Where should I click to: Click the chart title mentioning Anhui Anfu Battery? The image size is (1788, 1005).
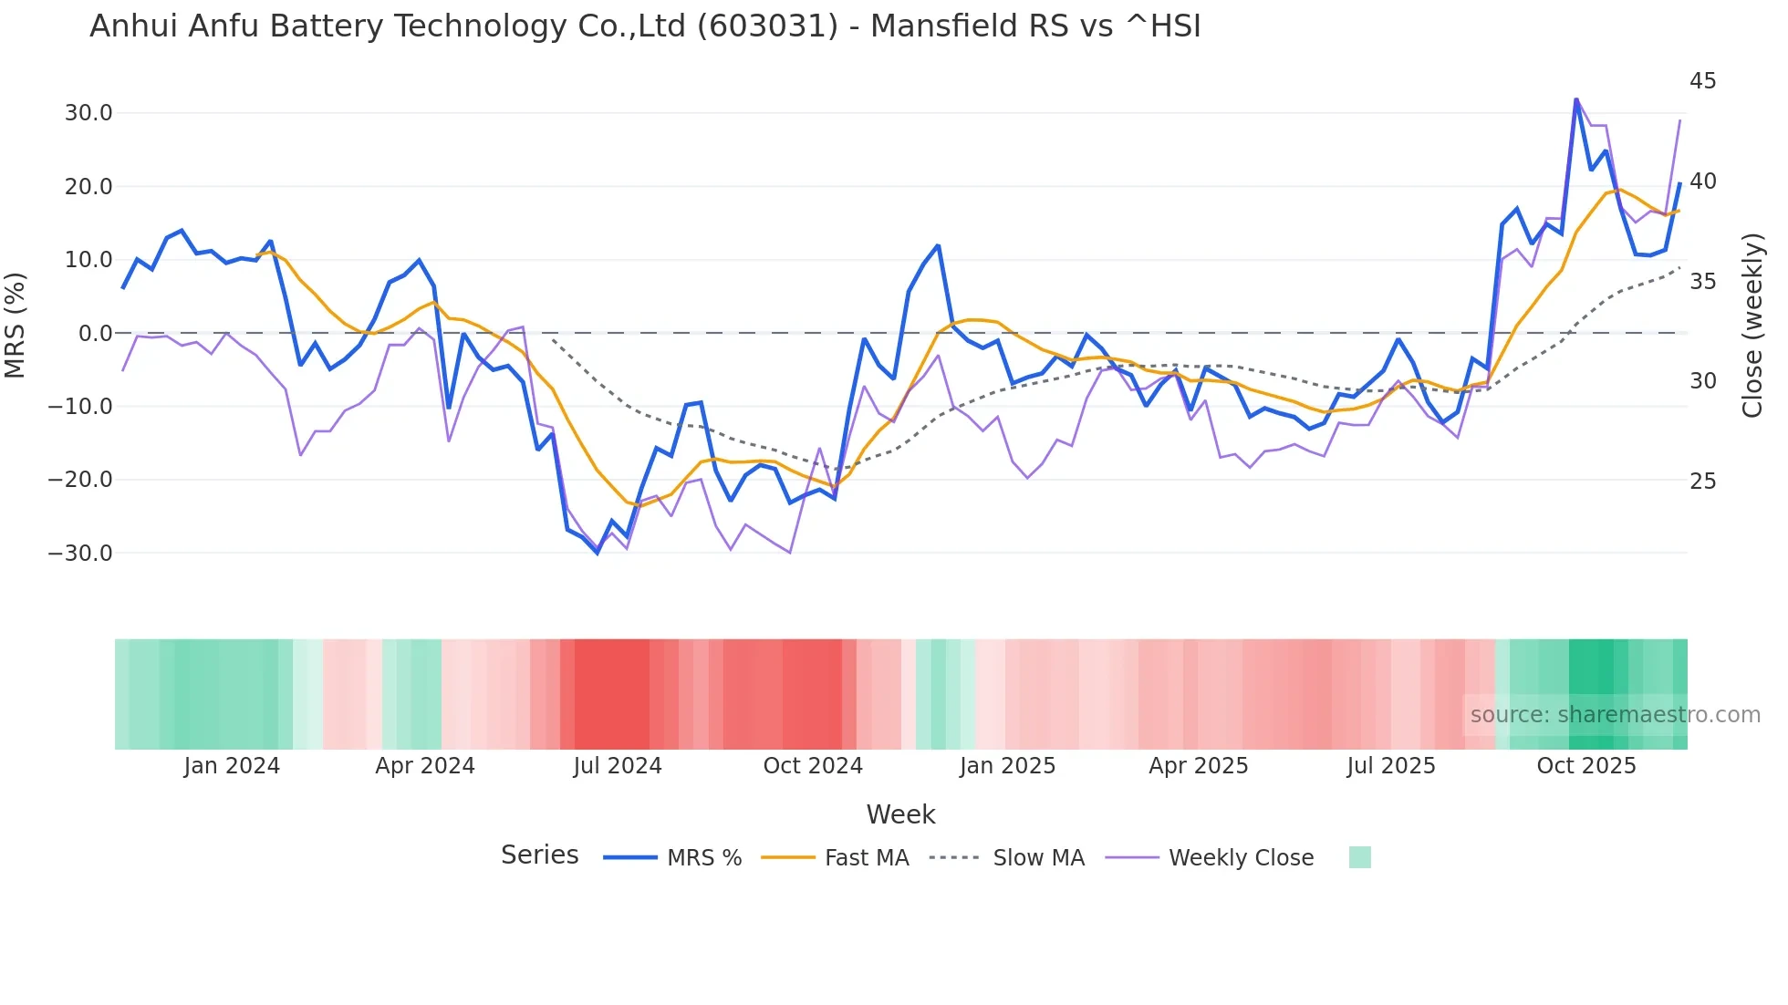point(644,26)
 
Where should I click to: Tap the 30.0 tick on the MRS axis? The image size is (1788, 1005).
point(88,113)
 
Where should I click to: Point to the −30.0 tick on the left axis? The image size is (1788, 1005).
point(80,554)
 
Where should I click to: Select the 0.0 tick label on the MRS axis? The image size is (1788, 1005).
point(95,334)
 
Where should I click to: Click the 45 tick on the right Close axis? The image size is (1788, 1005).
point(1702,81)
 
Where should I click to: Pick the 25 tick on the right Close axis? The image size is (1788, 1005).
point(1702,482)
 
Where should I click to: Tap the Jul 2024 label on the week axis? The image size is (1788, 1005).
point(617,766)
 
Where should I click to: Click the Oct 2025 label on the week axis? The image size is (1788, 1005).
point(1585,766)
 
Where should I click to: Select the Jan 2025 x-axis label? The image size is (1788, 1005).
point(1007,766)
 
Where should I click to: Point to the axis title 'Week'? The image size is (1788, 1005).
point(900,814)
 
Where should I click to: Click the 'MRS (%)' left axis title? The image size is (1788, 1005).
point(16,325)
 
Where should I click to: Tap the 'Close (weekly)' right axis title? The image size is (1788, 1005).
point(1752,325)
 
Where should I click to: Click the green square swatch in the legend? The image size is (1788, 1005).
point(1359,857)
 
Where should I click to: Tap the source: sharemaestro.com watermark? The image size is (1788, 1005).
point(1615,715)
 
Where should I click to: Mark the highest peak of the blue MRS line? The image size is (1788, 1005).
point(1575,99)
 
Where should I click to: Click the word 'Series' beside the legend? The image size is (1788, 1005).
point(539,855)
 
